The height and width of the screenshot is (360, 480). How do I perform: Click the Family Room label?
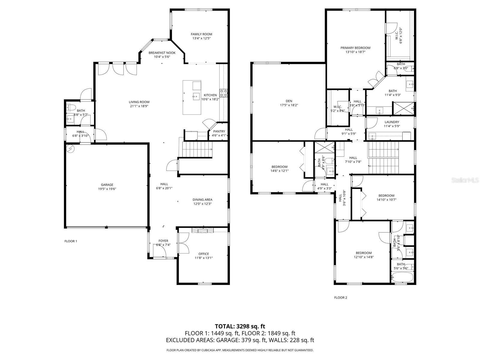[x=201, y=34]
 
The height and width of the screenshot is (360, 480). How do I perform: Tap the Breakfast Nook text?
[x=162, y=53]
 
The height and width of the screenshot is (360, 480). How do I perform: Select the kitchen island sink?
[x=196, y=96]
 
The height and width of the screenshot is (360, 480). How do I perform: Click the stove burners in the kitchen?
[x=223, y=93]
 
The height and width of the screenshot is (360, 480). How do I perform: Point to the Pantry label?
[x=219, y=131]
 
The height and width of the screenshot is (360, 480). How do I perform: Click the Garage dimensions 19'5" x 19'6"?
[x=107, y=189]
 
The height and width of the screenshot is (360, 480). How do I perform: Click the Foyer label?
[x=163, y=241]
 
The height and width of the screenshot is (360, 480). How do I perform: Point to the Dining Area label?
[x=202, y=200]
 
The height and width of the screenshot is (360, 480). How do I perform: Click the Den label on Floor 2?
[x=289, y=101]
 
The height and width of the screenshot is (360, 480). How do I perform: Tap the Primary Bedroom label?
[x=355, y=48]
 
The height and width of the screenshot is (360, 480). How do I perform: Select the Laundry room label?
[x=391, y=122]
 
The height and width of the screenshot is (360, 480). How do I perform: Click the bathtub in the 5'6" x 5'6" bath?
[x=402, y=277]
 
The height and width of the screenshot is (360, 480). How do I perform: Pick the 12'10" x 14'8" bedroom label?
[x=364, y=253]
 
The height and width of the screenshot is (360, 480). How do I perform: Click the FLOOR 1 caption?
[x=71, y=241]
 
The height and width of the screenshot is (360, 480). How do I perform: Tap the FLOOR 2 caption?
[x=340, y=298]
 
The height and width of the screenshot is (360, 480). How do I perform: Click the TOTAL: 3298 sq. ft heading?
[x=240, y=326]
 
